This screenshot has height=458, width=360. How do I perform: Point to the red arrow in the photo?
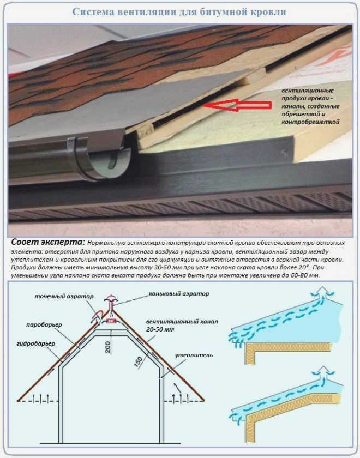click(x=237, y=105)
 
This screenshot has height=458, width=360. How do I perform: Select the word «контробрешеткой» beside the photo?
click(x=310, y=122)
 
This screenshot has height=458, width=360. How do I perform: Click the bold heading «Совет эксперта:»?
click(x=48, y=242)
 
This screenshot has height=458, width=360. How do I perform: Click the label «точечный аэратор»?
click(x=64, y=297)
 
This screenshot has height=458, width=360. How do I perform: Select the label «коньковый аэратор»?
click(x=179, y=293)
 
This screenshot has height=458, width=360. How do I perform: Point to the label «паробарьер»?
click(x=44, y=325)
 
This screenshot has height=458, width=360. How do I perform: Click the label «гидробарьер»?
click(x=36, y=344)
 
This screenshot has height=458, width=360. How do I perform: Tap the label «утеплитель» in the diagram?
click(x=194, y=355)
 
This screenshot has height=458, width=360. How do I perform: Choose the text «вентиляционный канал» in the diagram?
click(x=182, y=322)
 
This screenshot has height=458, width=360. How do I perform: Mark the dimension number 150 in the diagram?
click(x=138, y=361)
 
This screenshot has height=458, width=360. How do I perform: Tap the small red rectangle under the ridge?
click(x=111, y=321)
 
